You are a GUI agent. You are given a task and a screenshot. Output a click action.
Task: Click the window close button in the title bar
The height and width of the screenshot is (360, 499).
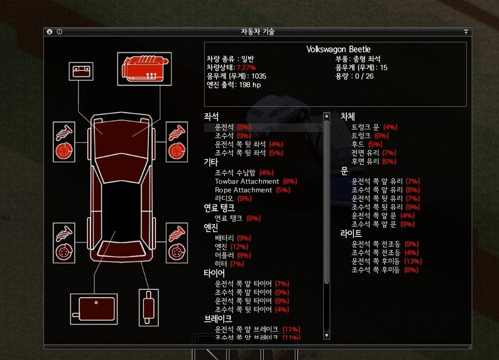[x=49, y=32]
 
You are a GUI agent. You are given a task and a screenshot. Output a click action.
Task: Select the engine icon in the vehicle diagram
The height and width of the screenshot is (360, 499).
[x=144, y=68]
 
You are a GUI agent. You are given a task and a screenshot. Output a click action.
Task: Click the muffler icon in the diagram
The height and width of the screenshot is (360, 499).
[x=148, y=308]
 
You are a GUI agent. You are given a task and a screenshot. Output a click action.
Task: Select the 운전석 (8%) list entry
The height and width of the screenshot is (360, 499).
[x=233, y=127]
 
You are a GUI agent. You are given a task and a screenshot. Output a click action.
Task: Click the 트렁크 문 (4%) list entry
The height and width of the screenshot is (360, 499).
[x=374, y=127]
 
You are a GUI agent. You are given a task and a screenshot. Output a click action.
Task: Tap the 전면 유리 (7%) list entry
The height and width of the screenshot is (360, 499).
[x=373, y=153]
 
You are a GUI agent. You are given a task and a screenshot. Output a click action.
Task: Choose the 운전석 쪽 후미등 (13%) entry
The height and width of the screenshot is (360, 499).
[x=386, y=261]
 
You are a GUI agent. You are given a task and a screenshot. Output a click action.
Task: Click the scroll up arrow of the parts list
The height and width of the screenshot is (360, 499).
[x=326, y=115]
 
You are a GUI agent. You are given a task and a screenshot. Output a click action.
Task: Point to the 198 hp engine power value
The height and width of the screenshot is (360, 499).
[x=249, y=85]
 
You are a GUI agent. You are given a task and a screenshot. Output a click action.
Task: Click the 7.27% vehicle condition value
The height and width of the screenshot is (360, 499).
[x=246, y=68]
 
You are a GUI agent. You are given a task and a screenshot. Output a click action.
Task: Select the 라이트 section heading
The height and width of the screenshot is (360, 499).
[x=351, y=233]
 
